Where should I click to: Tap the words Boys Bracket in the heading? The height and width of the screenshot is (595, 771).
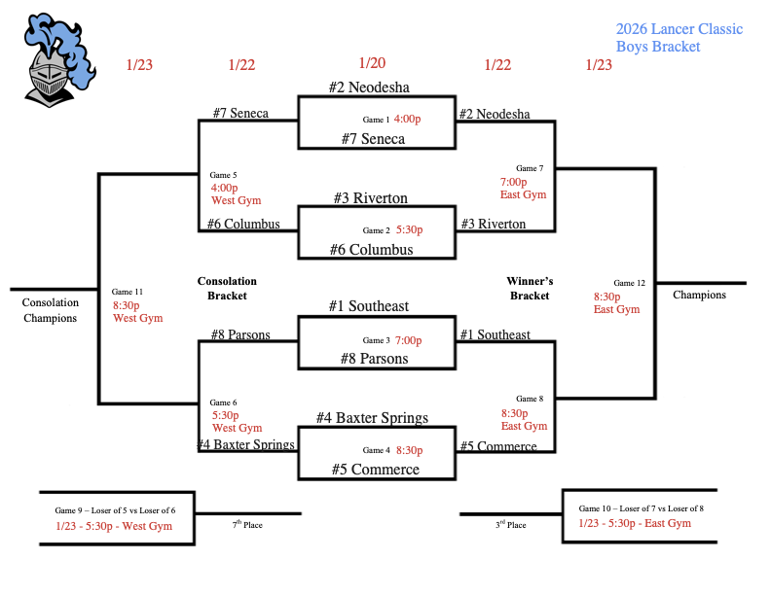(x=657, y=47)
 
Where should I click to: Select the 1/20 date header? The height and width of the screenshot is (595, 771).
(x=372, y=63)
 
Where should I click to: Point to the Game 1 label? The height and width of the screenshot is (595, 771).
(x=376, y=120)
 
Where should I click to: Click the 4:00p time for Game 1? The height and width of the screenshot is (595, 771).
(x=407, y=119)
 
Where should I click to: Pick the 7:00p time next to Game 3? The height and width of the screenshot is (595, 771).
(x=409, y=340)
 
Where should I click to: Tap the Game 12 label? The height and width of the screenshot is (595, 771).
(x=627, y=283)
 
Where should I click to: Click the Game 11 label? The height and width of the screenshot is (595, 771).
(x=128, y=292)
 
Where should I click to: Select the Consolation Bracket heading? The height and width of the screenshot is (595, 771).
(x=227, y=288)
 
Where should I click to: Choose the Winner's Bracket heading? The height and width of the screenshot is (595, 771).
(x=530, y=288)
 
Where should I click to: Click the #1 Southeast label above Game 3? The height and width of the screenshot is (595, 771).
(x=369, y=306)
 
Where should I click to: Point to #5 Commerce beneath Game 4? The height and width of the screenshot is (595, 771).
(x=375, y=470)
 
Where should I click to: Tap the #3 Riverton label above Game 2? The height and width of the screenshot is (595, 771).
(x=370, y=198)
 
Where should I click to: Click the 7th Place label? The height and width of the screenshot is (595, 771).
(x=247, y=525)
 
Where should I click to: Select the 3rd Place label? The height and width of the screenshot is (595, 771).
(x=510, y=525)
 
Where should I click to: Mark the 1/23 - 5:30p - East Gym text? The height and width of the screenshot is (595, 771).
(x=635, y=523)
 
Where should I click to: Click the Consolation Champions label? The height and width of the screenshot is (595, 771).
(x=50, y=310)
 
